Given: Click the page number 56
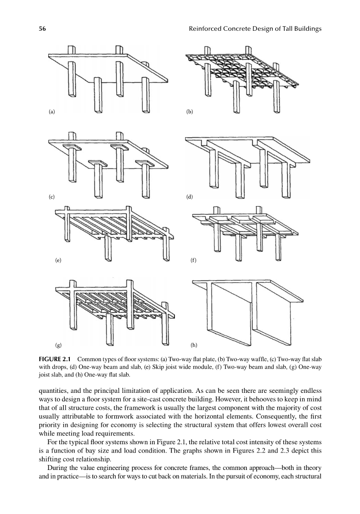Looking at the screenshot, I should point(41,29).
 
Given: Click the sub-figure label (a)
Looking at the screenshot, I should point(51,112).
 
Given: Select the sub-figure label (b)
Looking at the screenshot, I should point(189,112).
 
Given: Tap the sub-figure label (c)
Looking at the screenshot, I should point(51,196).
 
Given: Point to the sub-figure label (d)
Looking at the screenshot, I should point(189,196).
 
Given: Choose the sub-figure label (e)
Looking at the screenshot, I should point(58,260).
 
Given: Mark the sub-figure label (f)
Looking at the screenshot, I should point(193,260).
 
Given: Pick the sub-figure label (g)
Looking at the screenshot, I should point(58,344).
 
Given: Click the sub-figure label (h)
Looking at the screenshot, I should point(193,344).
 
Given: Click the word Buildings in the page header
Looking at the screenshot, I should point(305,29).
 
